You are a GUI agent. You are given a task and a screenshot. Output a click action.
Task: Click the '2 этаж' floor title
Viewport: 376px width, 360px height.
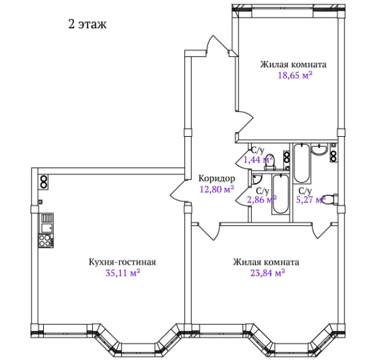pyautogui.click(x=87, y=24)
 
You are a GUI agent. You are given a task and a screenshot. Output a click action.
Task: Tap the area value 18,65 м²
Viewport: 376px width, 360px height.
pyautogui.click(x=295, y=75)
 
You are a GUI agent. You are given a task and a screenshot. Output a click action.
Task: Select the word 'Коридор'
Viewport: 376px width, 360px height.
pyautogui.click(x=217, y=178)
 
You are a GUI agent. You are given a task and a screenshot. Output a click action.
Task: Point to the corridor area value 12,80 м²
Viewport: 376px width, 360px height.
pyautogui.click(x=217, y=189)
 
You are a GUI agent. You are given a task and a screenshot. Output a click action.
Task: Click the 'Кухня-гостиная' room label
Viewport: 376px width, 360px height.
pyautogui.click(x=122, y=262)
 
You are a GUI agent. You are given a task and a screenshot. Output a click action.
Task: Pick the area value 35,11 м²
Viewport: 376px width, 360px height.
pyautogui.click(x=123, y=273)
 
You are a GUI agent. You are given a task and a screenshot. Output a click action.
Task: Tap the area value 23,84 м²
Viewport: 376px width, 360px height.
pyautogui.click(x=268, y=273)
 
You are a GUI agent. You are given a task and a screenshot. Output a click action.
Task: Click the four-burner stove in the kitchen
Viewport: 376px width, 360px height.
pyautogui.click(x=46, y=241)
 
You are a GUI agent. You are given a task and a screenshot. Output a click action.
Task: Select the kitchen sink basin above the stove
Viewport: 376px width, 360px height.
pyautogui.click(x=47, y=228)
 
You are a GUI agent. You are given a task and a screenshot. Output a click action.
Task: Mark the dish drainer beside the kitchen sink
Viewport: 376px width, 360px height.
pyautogui.click(x=47, y=218)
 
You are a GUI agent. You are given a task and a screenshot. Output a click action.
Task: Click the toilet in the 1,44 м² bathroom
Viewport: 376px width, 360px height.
pyautogui.click(x=270, y=161)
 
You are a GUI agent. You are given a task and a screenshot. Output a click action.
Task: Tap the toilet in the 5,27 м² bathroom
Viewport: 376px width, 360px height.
pyautogui.click(x=330, y=199)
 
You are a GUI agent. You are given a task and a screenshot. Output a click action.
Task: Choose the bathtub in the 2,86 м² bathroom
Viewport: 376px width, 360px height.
pyautogui.click(x=280, y=194)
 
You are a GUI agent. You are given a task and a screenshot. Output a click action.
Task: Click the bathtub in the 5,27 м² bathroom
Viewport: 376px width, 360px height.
pyautogui.click(x=302, y=163)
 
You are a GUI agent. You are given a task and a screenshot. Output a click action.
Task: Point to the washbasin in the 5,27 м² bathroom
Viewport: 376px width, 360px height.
pyautogui.click(x=319, y=149)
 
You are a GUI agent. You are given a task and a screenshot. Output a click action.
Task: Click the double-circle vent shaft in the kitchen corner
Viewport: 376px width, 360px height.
pyautogui.click(x=44, y=182)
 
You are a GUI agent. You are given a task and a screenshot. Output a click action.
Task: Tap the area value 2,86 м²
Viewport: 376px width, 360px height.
pyautogui.click(x=262, y=199)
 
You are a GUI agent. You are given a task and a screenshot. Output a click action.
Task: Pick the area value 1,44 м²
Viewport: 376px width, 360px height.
pyautogui.click(x=258, y=159)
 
